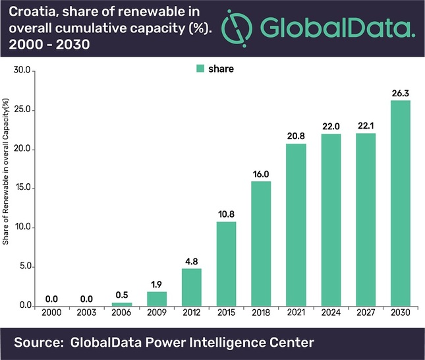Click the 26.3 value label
coord(401,92)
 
